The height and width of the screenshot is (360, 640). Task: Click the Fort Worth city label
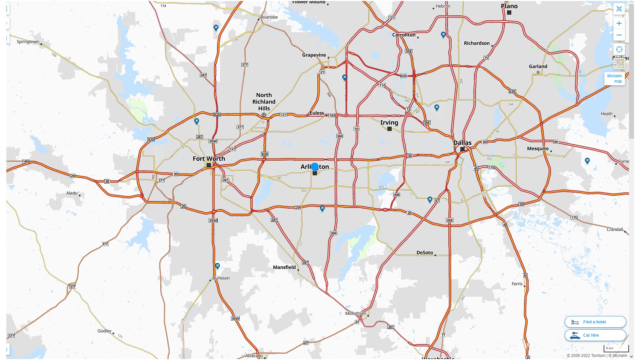[209, 159]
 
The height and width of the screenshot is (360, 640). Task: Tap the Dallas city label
[462, 143]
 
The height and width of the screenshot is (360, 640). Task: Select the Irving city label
[389, 122]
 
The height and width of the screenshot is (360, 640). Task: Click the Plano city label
[509, 6]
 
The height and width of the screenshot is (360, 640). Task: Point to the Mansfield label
[284, 267]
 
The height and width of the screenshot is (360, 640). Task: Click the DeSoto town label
[424, 252]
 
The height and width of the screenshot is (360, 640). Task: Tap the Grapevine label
[314, 55]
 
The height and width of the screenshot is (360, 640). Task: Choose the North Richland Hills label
[264, 102]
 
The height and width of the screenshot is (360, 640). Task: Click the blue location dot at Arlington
[315, 167]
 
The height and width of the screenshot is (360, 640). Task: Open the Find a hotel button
[595, 322]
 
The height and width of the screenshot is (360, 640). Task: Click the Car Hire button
[595, 335]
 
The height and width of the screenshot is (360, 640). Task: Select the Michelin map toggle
[614, 79]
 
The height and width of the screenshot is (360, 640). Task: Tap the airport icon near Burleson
[217, 266]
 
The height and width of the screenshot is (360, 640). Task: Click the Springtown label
[28, 42]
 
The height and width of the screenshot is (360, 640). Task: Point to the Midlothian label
[355, 313]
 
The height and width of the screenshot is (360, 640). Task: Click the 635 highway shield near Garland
[512, 92]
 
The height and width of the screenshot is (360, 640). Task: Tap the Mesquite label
[537, 148]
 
